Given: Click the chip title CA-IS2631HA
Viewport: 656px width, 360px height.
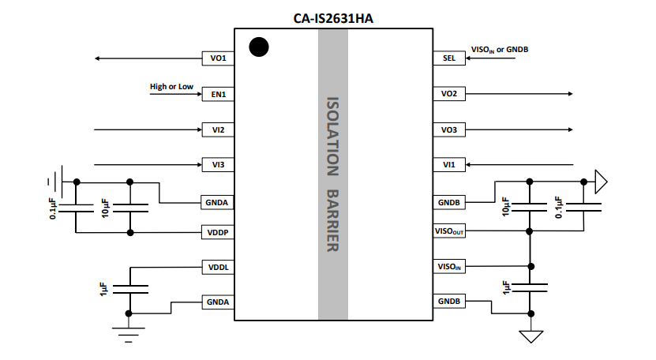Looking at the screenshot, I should tap(332, 17).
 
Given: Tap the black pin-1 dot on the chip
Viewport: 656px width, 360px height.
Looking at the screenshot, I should tap(257, 47).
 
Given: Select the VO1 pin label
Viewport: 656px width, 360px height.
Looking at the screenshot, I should tap(217, 58).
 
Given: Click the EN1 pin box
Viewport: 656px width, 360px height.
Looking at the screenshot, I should tap(217, 94).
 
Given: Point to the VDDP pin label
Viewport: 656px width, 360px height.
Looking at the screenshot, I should tap(217, 233).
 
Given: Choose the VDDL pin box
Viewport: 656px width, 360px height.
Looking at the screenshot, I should tap(217, 268).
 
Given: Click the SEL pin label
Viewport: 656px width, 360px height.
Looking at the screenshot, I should tap(448, 58).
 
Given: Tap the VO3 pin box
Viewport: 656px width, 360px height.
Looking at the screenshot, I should tap(448, 129).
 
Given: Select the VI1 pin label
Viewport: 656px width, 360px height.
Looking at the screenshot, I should tap(448, 165).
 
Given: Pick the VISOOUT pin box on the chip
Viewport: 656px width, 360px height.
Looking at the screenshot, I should tap(448, 232).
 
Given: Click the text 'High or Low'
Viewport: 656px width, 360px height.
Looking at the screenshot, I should tap(171, 86).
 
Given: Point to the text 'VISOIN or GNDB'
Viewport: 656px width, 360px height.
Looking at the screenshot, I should tap(499, 50).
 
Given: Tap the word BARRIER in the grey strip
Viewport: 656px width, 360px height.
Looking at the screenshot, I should tap(333, 220).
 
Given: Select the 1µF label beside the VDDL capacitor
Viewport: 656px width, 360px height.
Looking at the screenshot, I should tap(103, 288).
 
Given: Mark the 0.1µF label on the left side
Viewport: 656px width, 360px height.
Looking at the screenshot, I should tap(53, 208).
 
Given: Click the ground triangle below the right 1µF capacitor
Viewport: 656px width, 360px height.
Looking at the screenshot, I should tap(531, 336).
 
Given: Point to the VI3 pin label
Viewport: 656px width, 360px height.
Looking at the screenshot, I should tap(217, 165).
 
